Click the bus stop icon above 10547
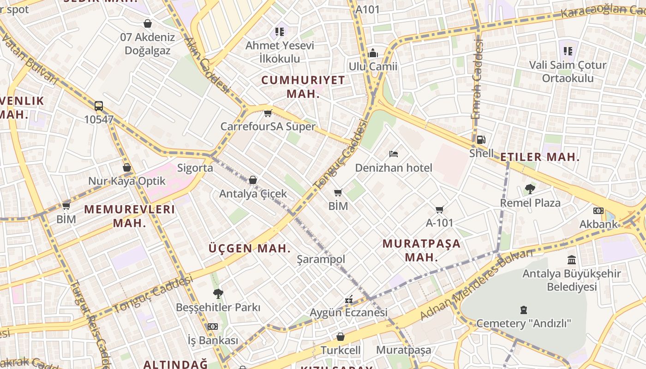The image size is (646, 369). click(x=99, y=106)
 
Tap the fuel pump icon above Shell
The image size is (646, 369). click(x=481, y=139)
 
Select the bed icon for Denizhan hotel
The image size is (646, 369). click(x=393, y=154)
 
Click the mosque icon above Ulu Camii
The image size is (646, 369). click(x=373, y=53)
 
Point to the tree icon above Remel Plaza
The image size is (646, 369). click(x=530, y=189)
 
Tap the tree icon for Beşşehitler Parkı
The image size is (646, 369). click(x=218, y=293)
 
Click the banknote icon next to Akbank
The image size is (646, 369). click(x=598, y=211)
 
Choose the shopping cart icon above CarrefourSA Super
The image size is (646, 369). click(x=268, y=113)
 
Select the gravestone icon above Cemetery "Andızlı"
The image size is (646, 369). click(x=524, y=309)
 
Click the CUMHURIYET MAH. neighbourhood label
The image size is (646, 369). click(x=303, y=87)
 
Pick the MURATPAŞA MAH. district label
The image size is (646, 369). click(x=421, y=250)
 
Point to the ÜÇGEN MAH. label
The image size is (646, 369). click(x=250, y=248)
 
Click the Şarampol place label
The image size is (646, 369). click(x=321, y=259)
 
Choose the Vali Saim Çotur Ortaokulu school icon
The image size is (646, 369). click(x=568, y=51)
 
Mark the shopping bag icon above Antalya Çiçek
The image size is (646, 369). click(x=253, y=180)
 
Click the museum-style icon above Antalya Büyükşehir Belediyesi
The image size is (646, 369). click(x=572, y=260)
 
